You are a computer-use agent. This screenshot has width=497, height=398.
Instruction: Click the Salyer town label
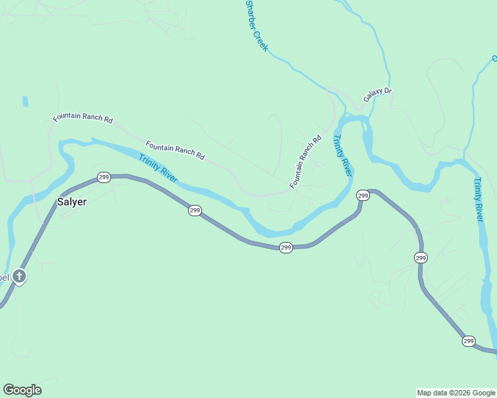click(71, 202)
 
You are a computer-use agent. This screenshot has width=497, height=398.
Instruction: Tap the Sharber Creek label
click(256, 26)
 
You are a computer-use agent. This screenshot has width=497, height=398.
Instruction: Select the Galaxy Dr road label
click(377, 95)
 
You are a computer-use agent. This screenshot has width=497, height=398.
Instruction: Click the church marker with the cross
click(20, 277)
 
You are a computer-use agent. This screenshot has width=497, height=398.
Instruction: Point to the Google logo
click(22, 390)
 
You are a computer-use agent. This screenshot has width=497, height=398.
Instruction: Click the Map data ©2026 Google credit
click(456, 393)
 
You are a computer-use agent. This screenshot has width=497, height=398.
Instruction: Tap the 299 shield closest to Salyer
click(104, 177)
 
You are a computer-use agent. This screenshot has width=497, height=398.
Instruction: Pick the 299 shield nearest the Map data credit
click(468, 341)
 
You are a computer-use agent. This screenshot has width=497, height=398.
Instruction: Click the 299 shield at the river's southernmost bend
click(286, 247)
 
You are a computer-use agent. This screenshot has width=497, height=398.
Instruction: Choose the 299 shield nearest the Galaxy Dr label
click(363, 195)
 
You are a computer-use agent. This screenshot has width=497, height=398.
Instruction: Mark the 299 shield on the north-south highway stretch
click(421, 257)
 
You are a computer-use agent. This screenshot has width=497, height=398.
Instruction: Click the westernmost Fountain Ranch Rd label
click(83, 117)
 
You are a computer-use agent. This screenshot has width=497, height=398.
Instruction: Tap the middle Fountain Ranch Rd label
click(175, 150)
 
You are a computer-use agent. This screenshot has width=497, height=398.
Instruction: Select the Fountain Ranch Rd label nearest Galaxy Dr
click(305, 162)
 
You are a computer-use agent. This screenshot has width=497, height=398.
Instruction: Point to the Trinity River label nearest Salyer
click(158, 169)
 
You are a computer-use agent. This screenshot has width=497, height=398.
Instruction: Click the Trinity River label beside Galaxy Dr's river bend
click(342, 155)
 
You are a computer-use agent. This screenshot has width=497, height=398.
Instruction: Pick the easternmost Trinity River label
click(479, 200)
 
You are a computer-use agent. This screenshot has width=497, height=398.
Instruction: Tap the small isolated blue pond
click(25, 101)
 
